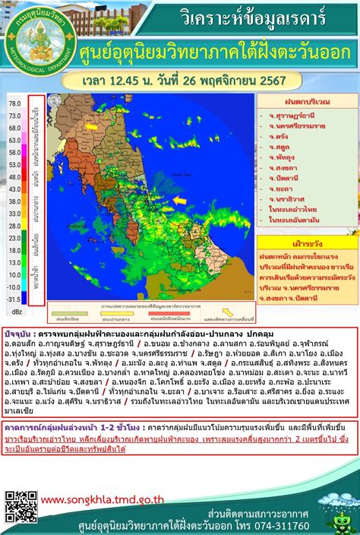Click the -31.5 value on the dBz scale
click(14, 299)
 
